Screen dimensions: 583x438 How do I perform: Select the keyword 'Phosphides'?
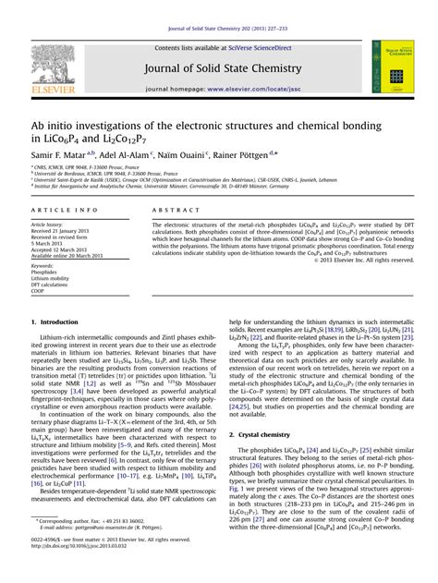(x=43, y=273)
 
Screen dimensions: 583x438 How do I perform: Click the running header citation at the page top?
(x=219, y=9)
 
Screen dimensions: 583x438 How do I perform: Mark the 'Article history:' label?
(x=47, y=225)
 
